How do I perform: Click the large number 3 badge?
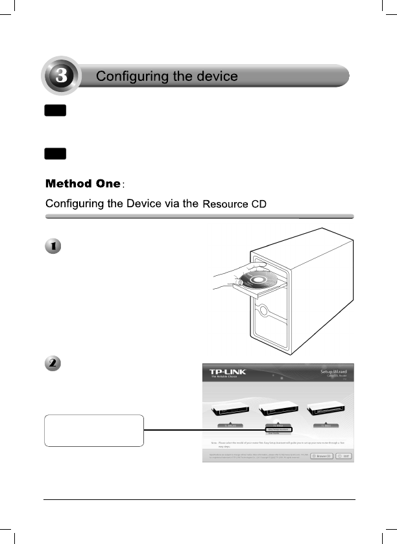[x=60, y=76]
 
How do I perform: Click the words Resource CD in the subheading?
[x=234, y=205]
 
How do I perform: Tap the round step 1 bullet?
[x=53, y=247]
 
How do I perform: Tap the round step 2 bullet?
[x=53, y=363]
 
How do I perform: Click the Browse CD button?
[x=322, y=456]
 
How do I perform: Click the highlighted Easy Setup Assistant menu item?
[x=278, y=429]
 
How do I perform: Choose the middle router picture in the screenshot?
[x=278, y=410]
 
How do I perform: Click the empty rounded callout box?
[x=93, y=431]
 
